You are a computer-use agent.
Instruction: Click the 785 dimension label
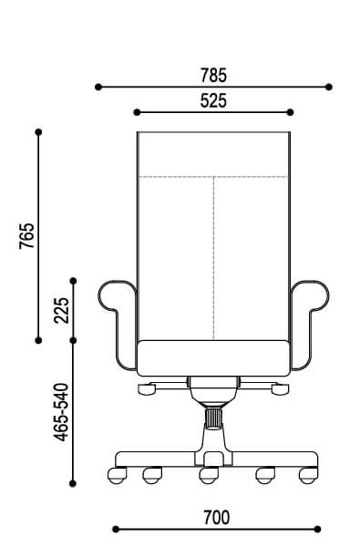point(213,75)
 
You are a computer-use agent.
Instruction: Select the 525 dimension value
point(213,100)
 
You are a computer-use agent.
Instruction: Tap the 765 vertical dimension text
point(27,235)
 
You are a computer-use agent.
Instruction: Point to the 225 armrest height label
point(62,310)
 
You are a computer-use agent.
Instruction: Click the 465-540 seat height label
point(61,412)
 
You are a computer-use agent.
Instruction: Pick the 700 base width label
point(217,518)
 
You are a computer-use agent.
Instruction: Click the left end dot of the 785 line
point(98,87)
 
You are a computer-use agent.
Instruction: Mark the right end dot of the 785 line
point(329,87)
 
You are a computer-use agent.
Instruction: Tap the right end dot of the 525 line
point(290,112)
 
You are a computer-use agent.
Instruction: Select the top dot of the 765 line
point(39,132)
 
